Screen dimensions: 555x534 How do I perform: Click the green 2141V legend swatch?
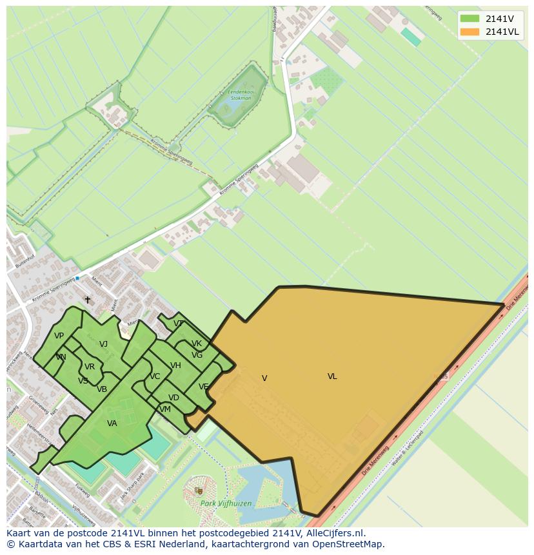470,19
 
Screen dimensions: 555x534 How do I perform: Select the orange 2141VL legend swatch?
470,32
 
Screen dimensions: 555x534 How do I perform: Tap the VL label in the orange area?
332,376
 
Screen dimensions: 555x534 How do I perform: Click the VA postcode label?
112,424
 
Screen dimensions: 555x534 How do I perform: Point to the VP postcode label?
59,336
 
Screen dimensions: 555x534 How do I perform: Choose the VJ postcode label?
103,344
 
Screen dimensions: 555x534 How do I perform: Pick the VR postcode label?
90,367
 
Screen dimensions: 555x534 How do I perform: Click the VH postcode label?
175,365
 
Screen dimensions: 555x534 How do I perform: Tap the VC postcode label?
155,376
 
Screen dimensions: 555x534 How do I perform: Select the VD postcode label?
173,398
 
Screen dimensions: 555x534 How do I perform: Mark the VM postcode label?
165,409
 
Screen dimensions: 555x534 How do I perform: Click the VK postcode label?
197,344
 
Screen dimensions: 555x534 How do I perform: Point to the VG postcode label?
197,355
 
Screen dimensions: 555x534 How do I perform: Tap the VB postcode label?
102,389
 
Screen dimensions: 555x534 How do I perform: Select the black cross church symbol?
88,300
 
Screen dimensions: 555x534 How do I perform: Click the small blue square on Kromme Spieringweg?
77,278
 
